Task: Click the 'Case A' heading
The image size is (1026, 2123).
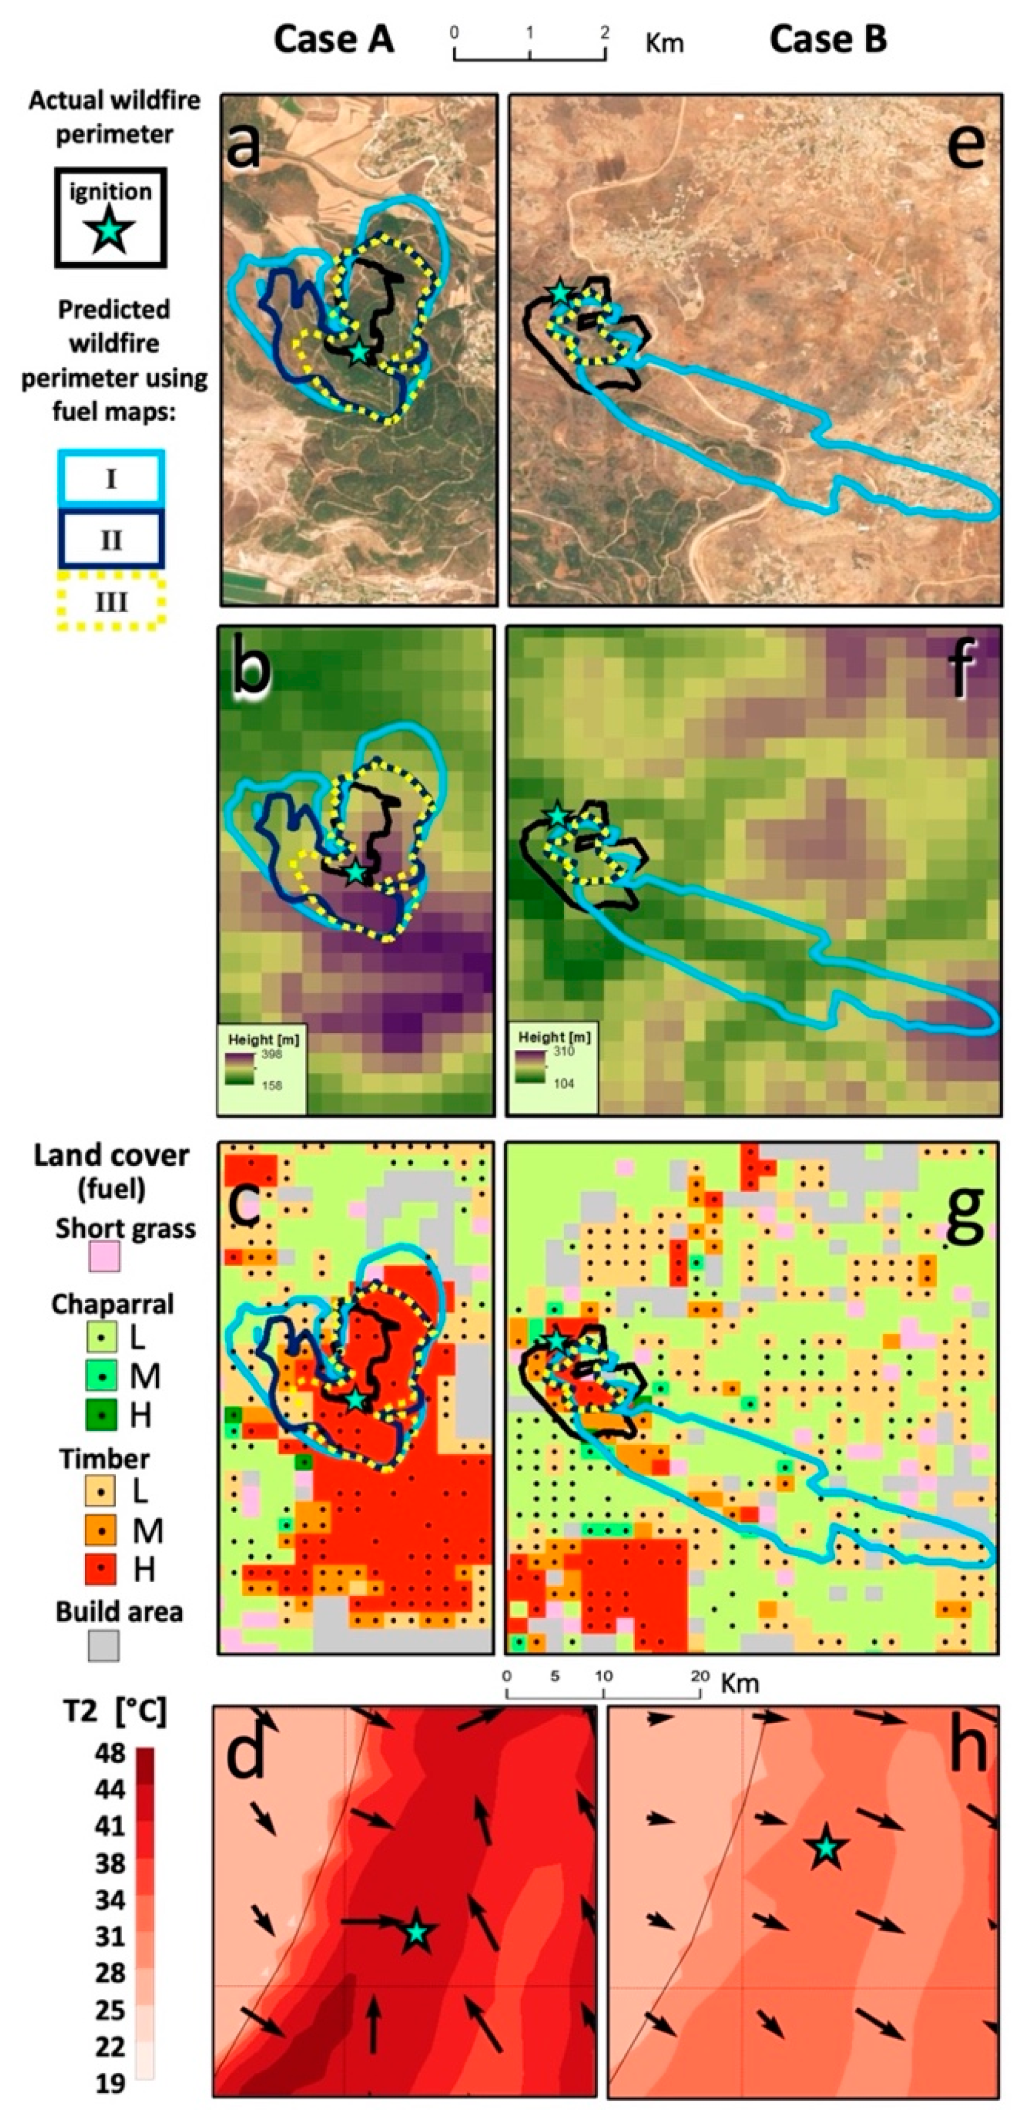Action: [333, 39]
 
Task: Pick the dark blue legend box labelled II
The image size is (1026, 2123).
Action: [110, 540]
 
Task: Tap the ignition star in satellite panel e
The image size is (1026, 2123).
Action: [559, 292]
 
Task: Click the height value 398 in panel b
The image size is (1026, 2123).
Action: [271, 1054]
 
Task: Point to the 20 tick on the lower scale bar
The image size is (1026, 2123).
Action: [700, 1676]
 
